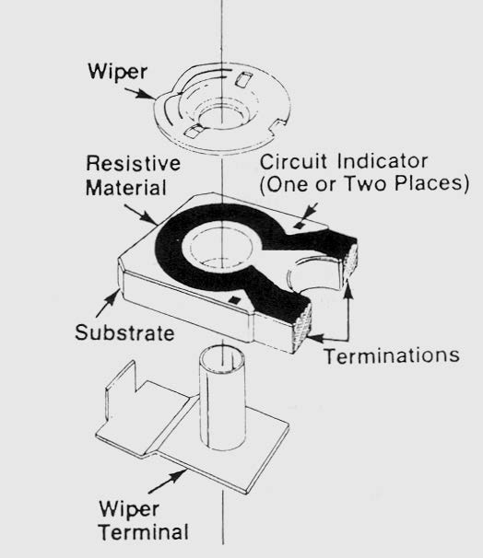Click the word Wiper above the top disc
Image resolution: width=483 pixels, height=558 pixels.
(118, 73)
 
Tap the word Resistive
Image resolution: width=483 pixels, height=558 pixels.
(134, 163)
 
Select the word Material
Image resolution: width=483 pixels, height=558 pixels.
(126, 187)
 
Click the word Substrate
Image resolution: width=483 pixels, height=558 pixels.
(124, 332)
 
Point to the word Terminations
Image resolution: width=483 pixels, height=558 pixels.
(392, 355)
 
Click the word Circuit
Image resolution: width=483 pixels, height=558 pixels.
(293, 161)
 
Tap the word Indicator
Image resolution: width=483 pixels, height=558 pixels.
(383, 161)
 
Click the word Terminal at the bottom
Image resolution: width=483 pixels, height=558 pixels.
(144, 532)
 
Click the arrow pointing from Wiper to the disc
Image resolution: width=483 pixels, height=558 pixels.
(139, 93)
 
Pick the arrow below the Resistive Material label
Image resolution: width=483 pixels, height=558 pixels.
(141, 215)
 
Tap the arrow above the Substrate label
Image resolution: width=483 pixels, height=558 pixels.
(108, 303)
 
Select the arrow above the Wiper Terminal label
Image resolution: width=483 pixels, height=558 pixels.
(168, 482)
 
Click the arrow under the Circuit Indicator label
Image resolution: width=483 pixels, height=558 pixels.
(308, 212)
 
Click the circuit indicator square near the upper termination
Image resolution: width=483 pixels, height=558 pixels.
(298, 225)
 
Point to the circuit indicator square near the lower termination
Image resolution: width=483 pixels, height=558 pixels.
(234, 299)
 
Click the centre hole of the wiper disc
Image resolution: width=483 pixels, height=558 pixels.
(222, 117)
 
